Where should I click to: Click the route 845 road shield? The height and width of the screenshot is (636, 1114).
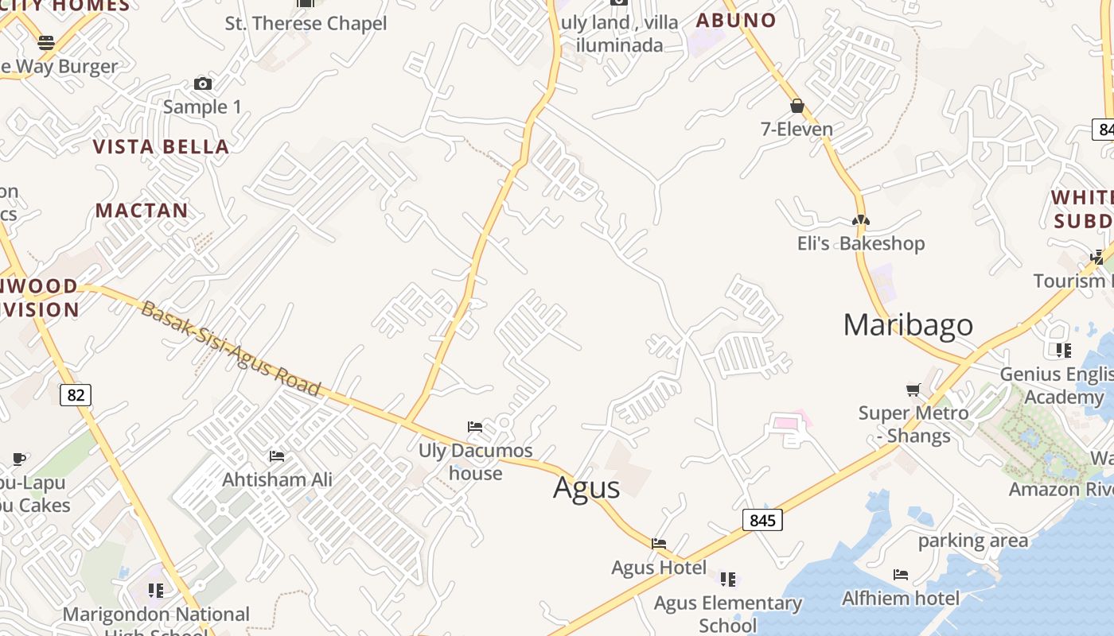(x=762, y=520)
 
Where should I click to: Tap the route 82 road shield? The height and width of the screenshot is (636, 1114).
(x=76, y=394)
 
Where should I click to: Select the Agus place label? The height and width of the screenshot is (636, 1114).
(x=586, y=487)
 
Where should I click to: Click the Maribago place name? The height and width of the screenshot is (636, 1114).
(x=908, y=324)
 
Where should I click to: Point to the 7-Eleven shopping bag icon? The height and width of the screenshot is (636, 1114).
(x=797, y=106)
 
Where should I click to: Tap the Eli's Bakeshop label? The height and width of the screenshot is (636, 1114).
(x=861, y=243)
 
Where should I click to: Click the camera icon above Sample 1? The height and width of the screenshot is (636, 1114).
(x=203, y=83)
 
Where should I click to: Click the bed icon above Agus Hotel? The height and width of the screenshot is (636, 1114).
(x=659, y=544)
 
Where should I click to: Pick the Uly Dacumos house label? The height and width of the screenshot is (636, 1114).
(x=476, y=462)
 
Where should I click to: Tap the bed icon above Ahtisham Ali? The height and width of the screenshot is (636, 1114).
(x=277, y=456)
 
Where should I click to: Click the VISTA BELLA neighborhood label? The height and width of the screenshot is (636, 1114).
(x=162, y=146)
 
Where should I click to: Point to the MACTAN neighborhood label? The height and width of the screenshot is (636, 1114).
(x=142, y=211)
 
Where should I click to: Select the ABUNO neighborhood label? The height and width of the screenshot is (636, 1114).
(x=736, y=21)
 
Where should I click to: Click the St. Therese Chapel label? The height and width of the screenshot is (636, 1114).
(x=306, y=24)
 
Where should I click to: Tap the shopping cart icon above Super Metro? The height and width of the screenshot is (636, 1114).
(x=913, y=390)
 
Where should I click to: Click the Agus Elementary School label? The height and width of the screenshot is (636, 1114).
(x=728, y=614)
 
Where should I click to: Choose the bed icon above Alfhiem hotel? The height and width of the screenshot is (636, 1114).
(x=901, y=574)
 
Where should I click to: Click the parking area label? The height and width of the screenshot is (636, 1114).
(x=973, y=541)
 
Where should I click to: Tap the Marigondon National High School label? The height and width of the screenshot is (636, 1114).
(x=156, y=621)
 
